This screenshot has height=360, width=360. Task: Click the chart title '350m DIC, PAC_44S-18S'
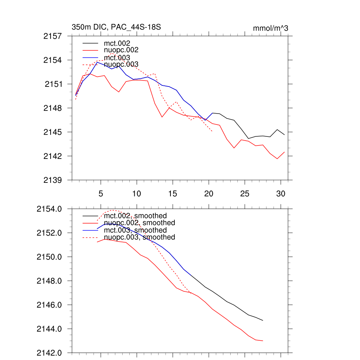tap(116, 27)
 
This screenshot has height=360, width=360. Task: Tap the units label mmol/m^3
tap(270, 28)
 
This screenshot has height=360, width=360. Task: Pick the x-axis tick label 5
tap(101, 194)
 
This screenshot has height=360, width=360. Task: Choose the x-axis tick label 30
tap(281, 194)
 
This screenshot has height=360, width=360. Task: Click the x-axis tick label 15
tap(173, 194)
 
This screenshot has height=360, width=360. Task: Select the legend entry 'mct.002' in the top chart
tap(117, 43)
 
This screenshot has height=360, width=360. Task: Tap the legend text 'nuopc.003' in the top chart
tap(121, 65)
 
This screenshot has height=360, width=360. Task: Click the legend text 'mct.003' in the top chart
tap(117, 58)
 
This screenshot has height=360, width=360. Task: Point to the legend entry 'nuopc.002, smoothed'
tap(140, 223)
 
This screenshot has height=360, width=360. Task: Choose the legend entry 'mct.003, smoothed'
tap(135, 230)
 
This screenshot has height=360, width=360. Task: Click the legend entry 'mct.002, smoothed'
tap(135, 216)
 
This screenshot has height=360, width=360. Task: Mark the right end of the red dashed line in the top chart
tap(212, 132)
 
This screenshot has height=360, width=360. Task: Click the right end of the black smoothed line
tap(263, 320)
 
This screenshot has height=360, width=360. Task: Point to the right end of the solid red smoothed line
tap(263, 341)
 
